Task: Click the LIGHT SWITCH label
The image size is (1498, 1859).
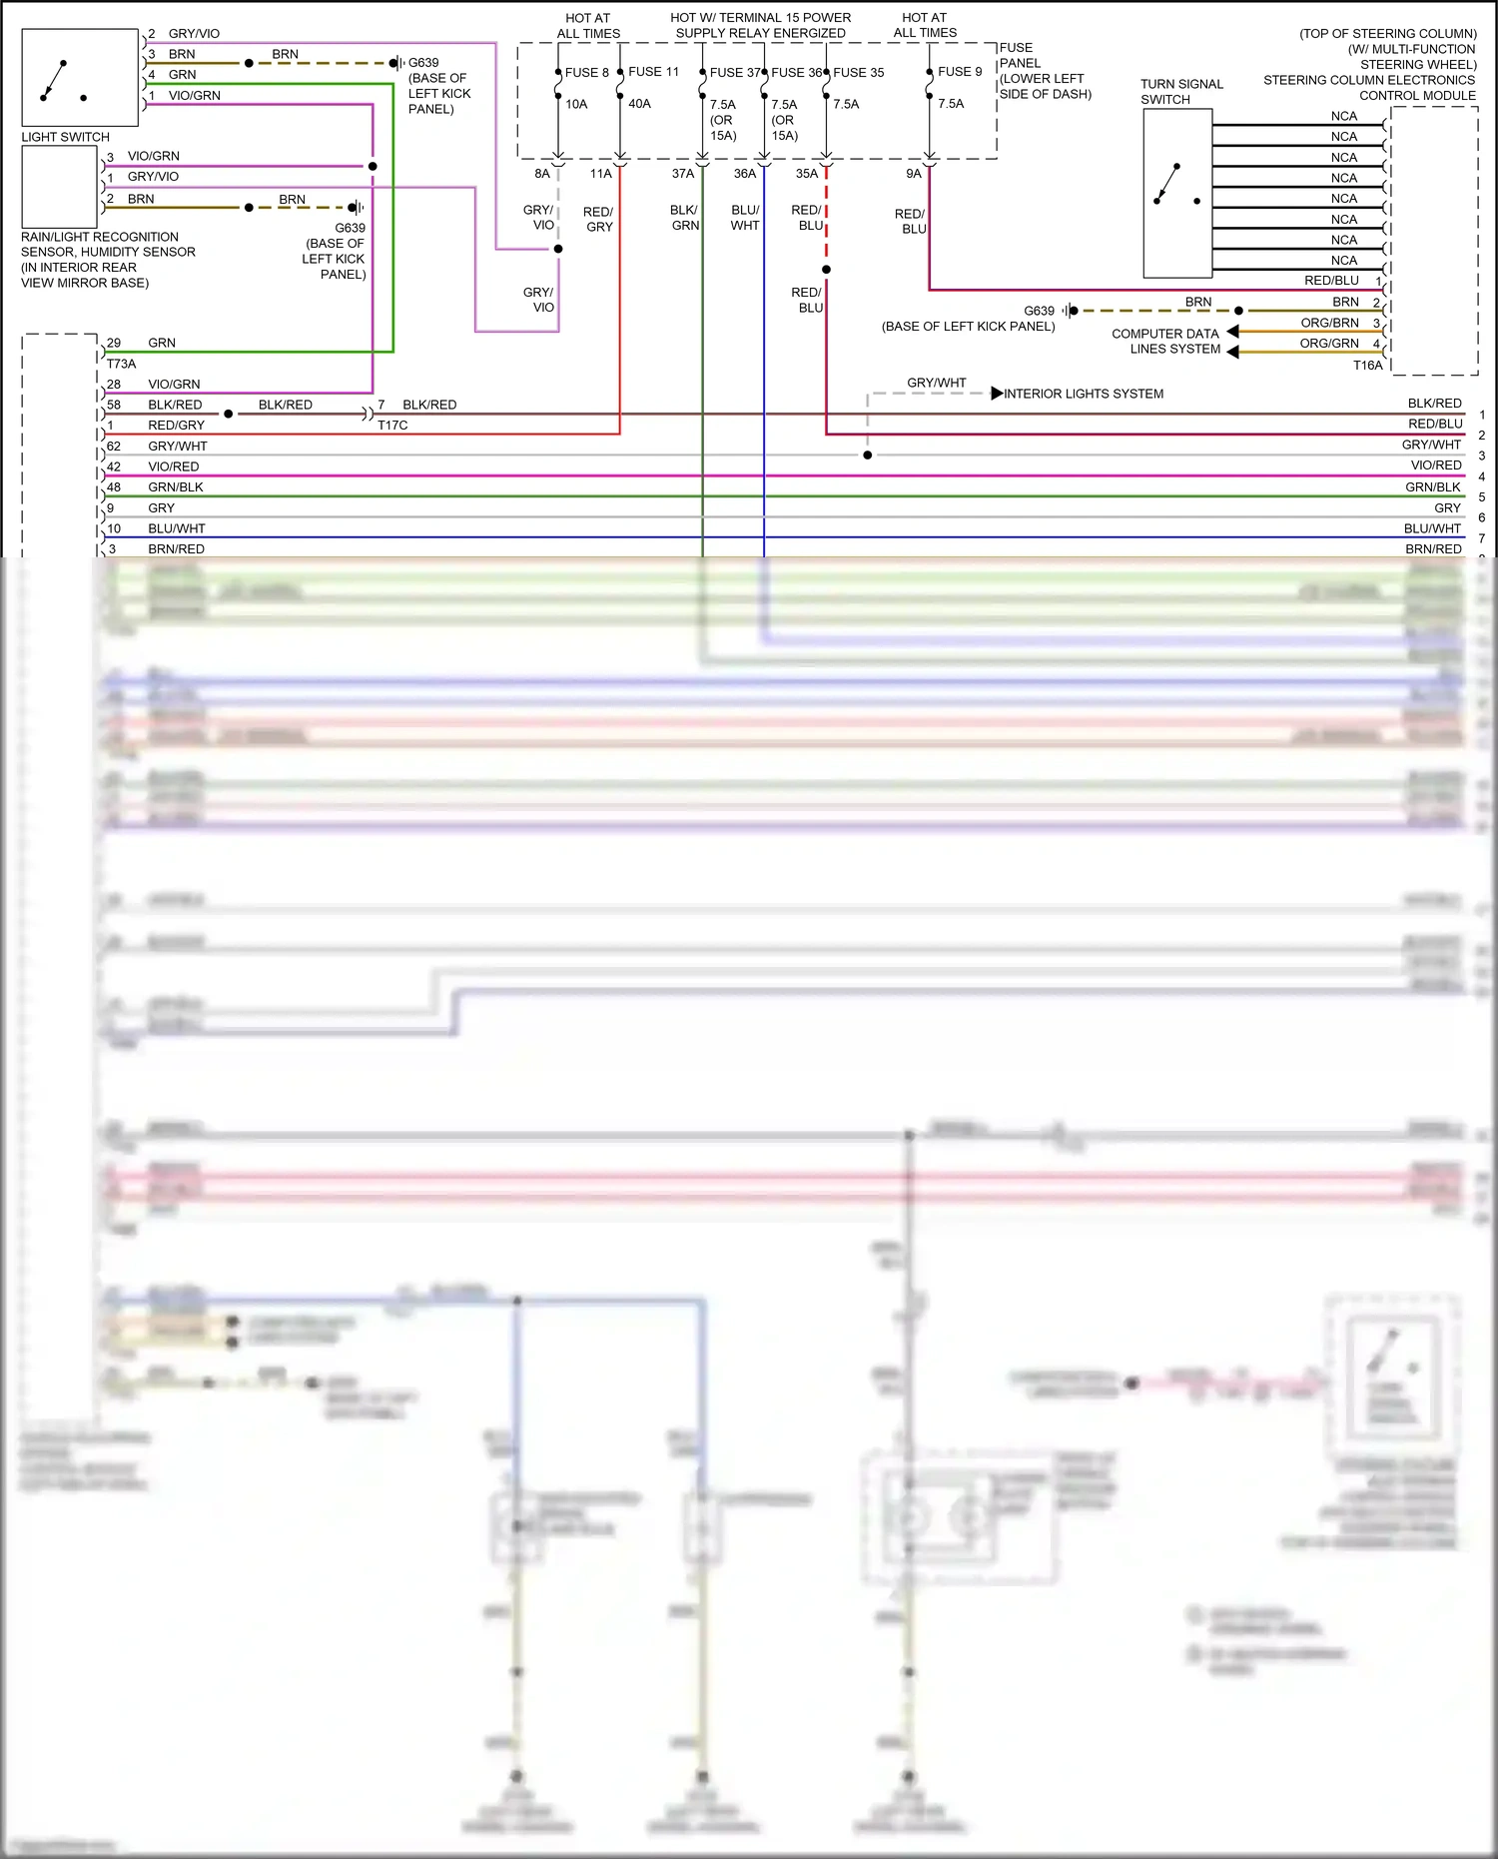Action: point(65,137)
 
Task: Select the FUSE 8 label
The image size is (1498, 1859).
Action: point(586,73)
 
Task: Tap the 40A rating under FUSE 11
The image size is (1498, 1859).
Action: point(639,104)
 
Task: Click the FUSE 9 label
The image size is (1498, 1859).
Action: point(959,72)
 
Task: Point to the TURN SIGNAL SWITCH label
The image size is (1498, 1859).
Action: point(1180,92)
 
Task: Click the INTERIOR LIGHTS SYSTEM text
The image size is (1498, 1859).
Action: point(1083,394)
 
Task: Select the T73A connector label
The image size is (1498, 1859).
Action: point(121,364)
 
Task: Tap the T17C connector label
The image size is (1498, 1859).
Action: point(392,426)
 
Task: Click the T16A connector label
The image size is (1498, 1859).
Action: point(1367,366)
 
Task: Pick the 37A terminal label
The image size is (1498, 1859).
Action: point(682,174)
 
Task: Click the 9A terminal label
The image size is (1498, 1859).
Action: point(913,174)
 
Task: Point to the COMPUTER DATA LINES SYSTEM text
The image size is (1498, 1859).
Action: point(1165,342)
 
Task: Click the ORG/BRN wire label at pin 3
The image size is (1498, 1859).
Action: point(1329,323)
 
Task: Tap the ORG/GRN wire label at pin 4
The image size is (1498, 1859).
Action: point(1328,344)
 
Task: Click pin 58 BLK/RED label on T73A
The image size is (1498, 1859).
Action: point(174,405)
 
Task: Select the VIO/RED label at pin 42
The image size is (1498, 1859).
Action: point(173,466)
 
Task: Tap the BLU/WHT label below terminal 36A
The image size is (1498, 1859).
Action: point(745,218)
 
